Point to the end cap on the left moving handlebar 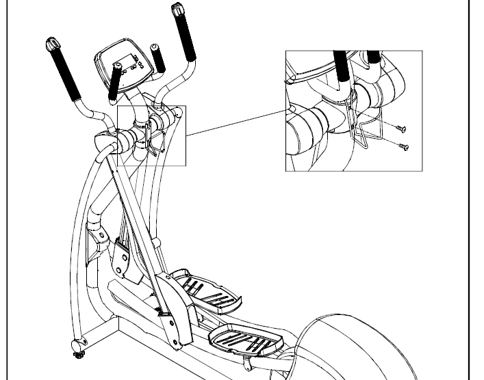click(51, 46)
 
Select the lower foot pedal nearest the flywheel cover click(239, 337)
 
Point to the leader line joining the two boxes click(235, 122)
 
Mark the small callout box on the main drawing click(152, 135)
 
